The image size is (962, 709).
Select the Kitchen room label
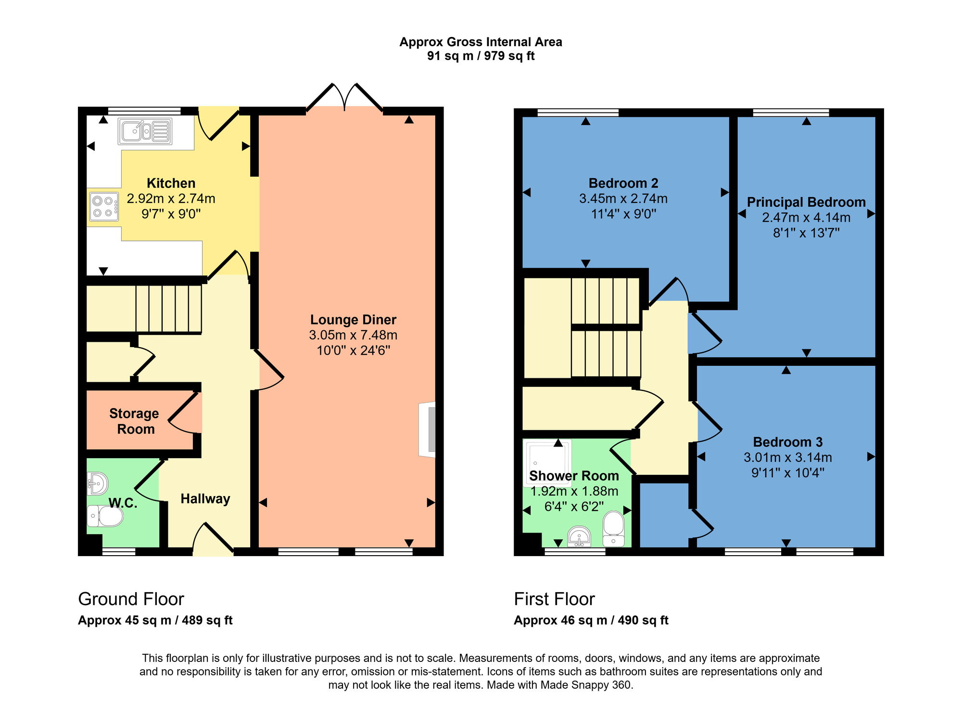pos(171,183)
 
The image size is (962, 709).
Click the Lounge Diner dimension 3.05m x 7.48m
pos(353,335)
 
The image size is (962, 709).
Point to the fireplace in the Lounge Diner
pos(428,429)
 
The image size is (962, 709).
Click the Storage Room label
pos(134,421)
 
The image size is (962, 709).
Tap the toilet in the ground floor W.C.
pos(106,517)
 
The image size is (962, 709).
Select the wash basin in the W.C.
pos(98,483)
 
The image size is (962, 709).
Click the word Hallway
pos(205,499)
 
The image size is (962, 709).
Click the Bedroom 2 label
pos(623,183)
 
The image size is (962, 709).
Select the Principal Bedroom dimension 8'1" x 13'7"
pos(806,233)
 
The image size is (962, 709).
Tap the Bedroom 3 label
pos(788,442)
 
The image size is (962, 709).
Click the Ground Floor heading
pos(131,599)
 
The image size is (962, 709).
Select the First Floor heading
pos(554,599)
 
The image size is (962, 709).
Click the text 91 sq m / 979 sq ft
pos(481,56)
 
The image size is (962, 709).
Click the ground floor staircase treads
pos(168,308)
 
